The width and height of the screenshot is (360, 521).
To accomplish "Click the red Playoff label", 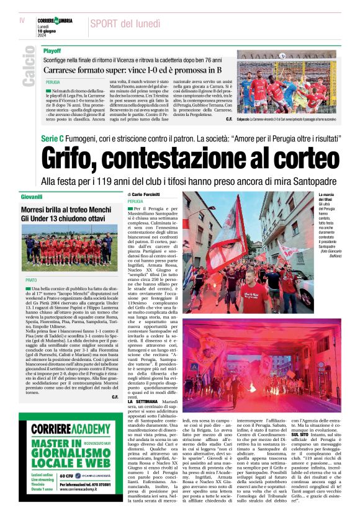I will click(x=52, y=50).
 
